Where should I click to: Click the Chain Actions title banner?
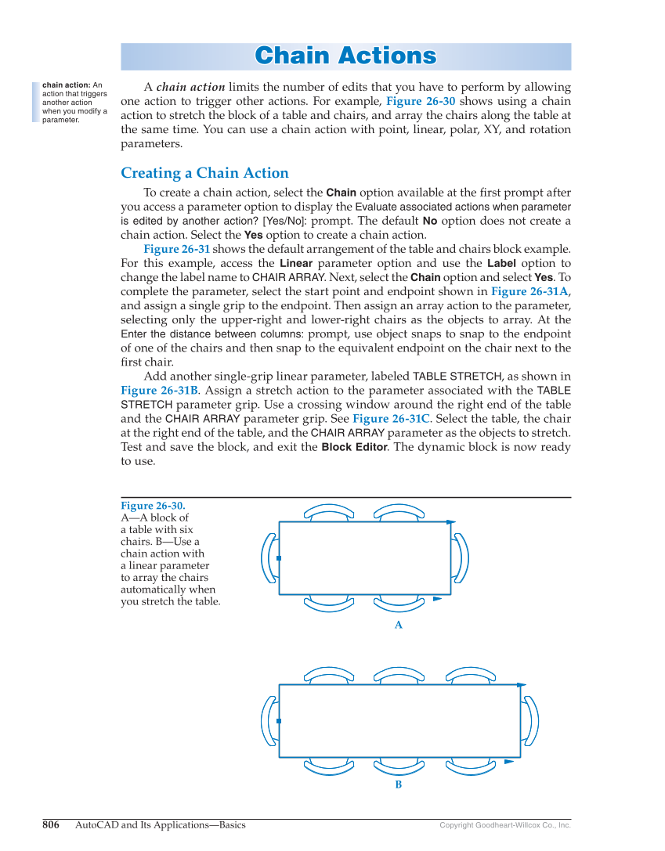345,56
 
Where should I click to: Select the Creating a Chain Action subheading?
204,173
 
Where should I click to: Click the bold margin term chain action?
66,85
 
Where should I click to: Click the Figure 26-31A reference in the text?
529,291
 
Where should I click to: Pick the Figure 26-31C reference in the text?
390,418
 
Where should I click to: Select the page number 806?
51,824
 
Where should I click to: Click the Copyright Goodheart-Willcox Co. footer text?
504,825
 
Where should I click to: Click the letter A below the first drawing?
398,625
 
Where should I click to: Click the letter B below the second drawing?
398,784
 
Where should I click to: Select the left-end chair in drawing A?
268,558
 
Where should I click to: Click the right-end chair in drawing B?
531,721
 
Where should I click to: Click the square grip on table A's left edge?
279,558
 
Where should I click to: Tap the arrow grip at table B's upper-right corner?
521,684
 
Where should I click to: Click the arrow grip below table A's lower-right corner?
438,600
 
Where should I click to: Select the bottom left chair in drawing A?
328,602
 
